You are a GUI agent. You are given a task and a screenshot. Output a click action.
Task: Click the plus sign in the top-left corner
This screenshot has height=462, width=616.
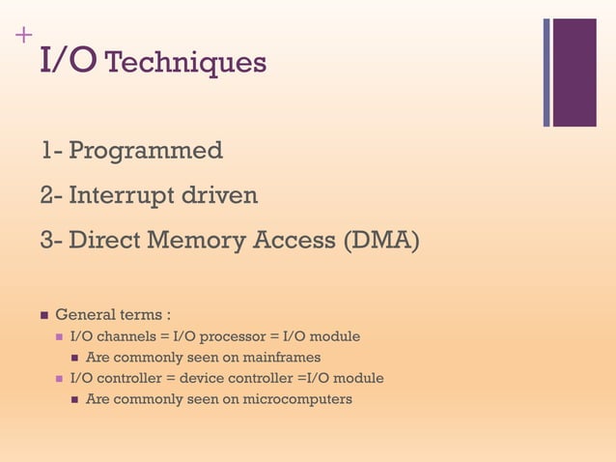click(x=21, y=36)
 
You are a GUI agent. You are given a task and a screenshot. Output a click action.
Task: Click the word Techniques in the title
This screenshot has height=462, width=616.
click(x=184, y=63)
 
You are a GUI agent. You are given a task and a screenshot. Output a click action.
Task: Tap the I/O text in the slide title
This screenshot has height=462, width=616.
click(x=68, y=61)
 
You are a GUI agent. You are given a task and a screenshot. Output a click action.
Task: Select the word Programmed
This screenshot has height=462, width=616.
click(x=146, y=151)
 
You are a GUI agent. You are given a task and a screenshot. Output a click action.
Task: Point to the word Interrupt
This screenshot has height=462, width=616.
click(x=123, y=197)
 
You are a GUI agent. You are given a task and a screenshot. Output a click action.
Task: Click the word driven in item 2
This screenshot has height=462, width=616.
click(x=220, y=196)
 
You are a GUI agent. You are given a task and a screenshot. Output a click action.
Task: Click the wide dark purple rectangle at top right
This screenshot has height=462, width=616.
click(x=574, y=72)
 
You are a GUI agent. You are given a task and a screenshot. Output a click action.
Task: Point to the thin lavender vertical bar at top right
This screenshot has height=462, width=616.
click(x=546, y=72)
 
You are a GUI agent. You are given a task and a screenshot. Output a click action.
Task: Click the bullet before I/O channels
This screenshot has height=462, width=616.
click(x=60, y=336)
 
